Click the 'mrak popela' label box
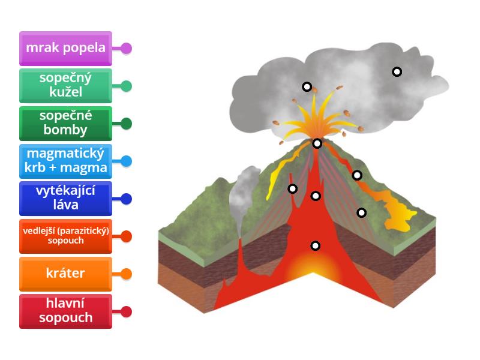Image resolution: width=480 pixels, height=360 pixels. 65,48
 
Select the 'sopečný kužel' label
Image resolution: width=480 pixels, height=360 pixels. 65,86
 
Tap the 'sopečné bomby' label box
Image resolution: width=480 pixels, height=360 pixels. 65,123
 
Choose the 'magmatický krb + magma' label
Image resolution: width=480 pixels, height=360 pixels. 65,161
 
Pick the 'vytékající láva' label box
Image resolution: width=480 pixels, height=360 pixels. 65,199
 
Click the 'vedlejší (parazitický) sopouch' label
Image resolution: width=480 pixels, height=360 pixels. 65,236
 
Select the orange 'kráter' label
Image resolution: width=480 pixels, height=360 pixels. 65,274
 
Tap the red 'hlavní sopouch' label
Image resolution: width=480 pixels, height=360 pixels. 65,311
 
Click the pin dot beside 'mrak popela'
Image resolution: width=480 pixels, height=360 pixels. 126,48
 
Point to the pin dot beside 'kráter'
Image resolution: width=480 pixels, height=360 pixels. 126,274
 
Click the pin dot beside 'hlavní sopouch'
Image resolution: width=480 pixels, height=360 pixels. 126,311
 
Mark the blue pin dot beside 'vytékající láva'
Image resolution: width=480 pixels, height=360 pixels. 126,199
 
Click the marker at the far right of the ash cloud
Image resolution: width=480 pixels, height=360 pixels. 397,71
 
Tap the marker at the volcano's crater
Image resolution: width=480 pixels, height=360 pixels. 317,143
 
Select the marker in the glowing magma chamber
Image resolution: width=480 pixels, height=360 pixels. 315,245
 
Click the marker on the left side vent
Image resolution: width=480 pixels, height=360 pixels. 292,189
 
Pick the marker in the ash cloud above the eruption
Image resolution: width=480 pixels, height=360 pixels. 307,86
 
